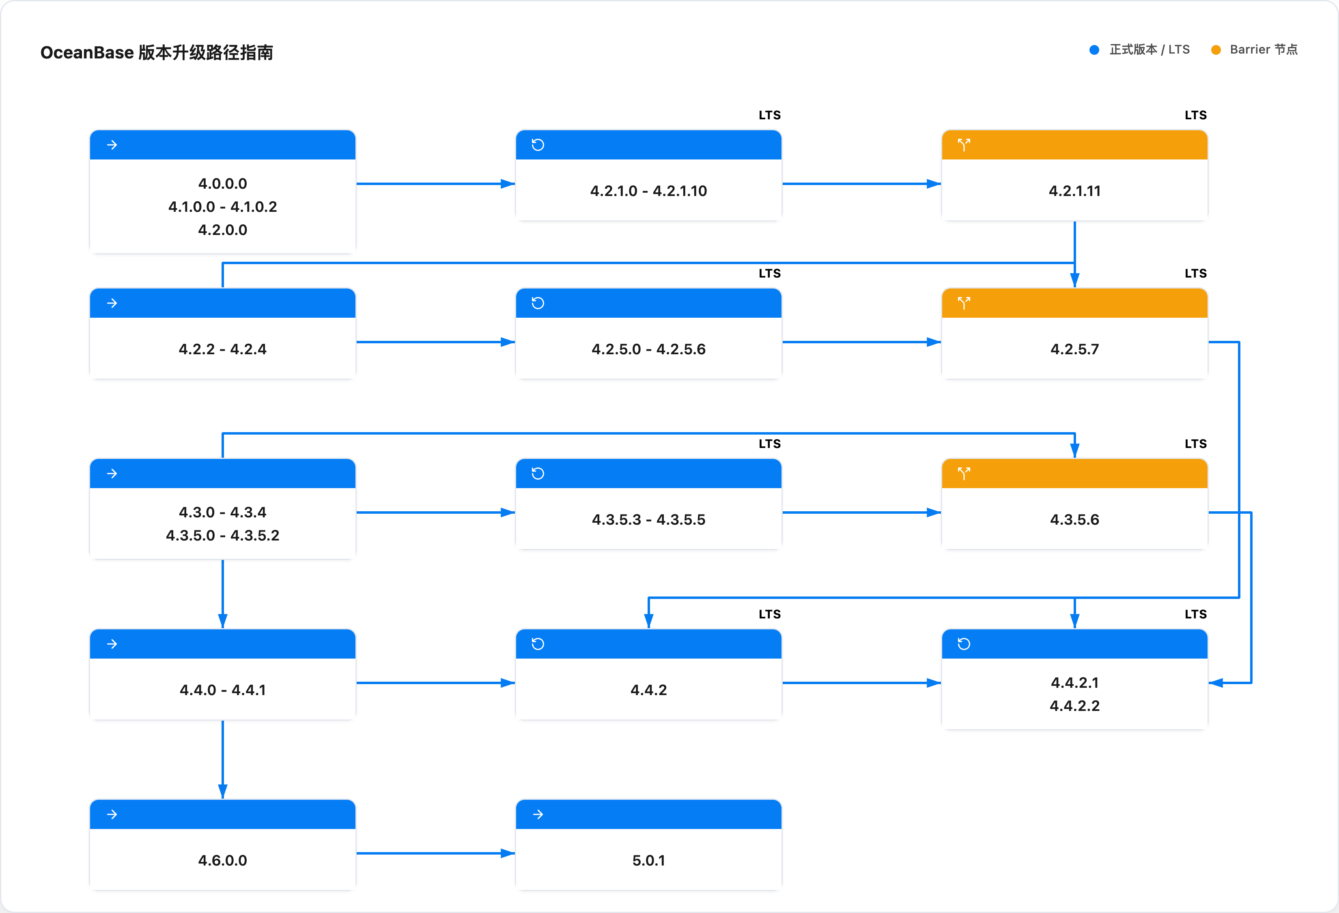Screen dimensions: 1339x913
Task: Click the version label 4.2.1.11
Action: click(x=1074, y=191)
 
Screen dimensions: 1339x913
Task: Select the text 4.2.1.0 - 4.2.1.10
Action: click(x=648, y=191)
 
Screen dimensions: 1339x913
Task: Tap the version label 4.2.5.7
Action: click(x=1074, y=349)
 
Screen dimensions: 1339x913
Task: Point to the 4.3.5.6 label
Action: click(x=1074, y=519)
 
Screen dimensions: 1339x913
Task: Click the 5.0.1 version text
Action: click(x=648, y=861)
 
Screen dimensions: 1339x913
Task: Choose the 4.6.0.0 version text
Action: click(x=222, y=861)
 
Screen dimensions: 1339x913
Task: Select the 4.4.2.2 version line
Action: click(x=1074, y=706)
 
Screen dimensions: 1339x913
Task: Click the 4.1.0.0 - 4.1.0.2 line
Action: click(x=222, y=207)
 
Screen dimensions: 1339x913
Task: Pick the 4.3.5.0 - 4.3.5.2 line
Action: click(x=222, y=536)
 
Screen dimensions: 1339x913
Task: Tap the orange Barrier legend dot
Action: click(x=1216, y=50)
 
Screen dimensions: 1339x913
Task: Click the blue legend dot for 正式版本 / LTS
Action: click(x=1094, y=50)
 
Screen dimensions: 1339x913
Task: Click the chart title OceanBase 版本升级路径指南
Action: click(x=157, y=52)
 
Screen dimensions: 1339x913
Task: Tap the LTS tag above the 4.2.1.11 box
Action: click(x=1195, y=115)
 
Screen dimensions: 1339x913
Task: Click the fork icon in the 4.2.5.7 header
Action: click(x=964, y=303)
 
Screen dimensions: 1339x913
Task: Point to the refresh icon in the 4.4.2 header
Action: click(x=538, y=644)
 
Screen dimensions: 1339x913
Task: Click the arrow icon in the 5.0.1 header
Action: click(x=538, y=814)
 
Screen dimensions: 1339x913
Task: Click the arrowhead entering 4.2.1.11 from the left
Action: click(x=933, y=184)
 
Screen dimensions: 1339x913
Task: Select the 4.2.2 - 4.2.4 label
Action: click(x=222, y=349)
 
